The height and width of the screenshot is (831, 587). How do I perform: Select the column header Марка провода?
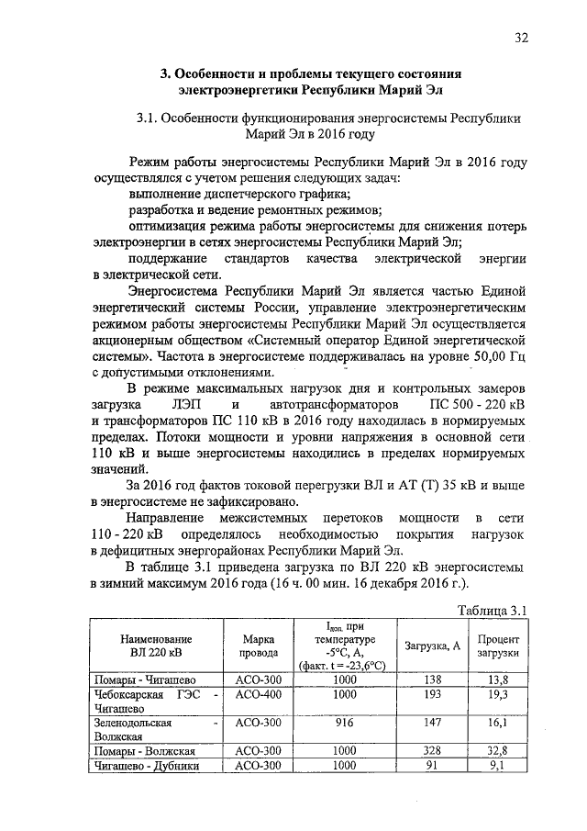[x=259, y=646]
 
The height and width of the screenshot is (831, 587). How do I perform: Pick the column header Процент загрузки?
[x=498, y=646]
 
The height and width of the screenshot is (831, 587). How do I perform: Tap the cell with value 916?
[x=345, y=723]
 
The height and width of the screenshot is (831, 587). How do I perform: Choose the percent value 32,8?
[x=499, y=750]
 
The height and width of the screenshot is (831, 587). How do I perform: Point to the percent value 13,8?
[x=499, y=679]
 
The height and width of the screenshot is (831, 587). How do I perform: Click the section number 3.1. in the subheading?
[x=150, y=118]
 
